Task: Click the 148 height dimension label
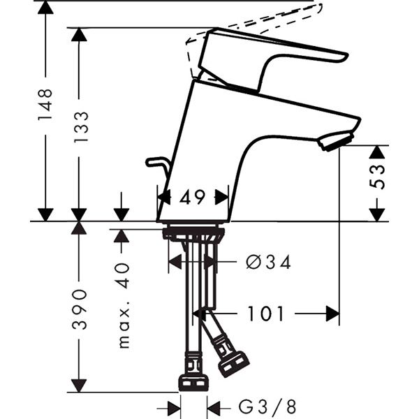click(x=45, y=105)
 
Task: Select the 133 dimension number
click(x=81, y=127)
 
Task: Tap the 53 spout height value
click(x=377, y=177)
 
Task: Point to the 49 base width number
click(x=192, y=198)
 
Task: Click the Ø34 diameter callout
click(x=268, y=262)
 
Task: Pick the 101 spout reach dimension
click(x=265, y=314)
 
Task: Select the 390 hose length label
click(x=80, y=309)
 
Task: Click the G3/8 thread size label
click(x=267, y=407)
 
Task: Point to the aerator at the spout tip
click(x=336, y=140)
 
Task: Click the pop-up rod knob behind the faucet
click(x=156, y=162)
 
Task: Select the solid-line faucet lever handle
click(x=272, y=59)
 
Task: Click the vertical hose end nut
click(x=193, y=383)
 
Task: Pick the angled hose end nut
click(x=234, y=365)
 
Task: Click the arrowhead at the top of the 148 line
click(x=45, y=8)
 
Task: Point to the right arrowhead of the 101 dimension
click(x=332, y=314)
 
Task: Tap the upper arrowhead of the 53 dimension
click(x=377, y=152)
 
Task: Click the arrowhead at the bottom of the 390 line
click(x=79, y=385)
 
